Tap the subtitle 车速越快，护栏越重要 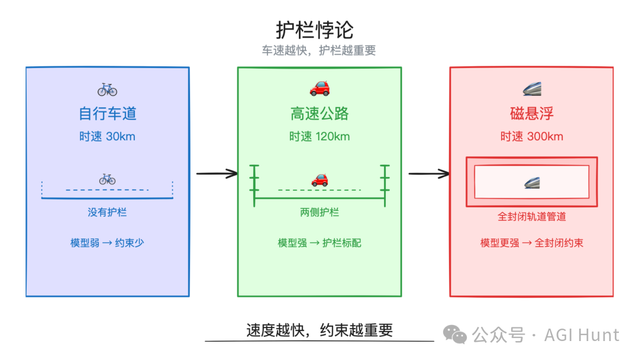pos(319,51)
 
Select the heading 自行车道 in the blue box pos(107,114)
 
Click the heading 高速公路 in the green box pos(319,114)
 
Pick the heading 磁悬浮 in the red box pos(531,114)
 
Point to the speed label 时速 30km pos(107,137)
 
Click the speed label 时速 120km pos(319,137)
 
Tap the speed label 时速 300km pos(531,137)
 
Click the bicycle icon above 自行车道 pos(107,89)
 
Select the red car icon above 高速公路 pos(319,89)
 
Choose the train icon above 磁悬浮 pos(531,89)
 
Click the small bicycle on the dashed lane pos(107,179)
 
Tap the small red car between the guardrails pos(319,179)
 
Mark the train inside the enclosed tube pos(531,182)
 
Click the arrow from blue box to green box pos(217,173)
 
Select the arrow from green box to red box pos(428,173)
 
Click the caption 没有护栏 pos(107,212)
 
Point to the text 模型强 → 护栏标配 pos(319,243)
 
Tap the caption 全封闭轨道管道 pos(531,217)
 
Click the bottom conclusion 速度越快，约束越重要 pos(319,330)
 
